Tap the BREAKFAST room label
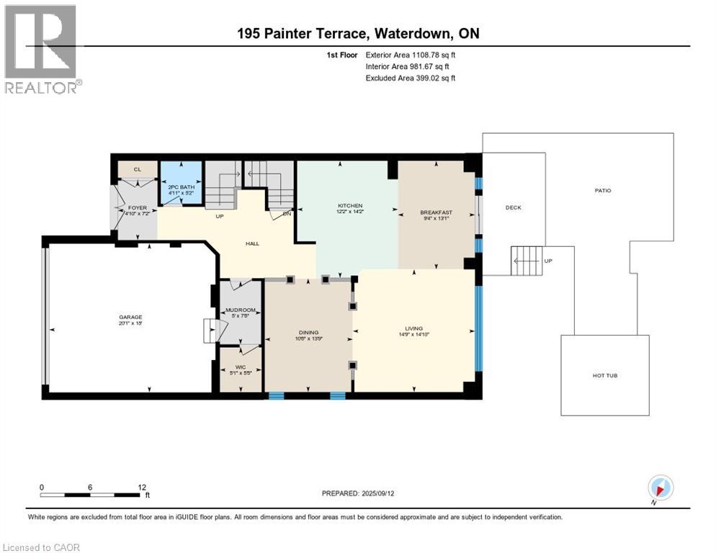click(x=436, y=212)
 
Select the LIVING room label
click(x=413, y=328)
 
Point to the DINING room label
click(x=308, y=333)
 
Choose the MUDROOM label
click(x=240, y=310)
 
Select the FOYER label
click(x=137, y=208)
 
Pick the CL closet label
click(x=137, y=169)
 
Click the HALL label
click(x=252, y=243)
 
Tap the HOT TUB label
click(x=604, y=375)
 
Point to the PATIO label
click(x=603, y=191)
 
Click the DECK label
click(x=513, y=207)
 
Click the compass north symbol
click(x=660, y=487)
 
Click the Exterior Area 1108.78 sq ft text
click(x=411, y=54)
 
